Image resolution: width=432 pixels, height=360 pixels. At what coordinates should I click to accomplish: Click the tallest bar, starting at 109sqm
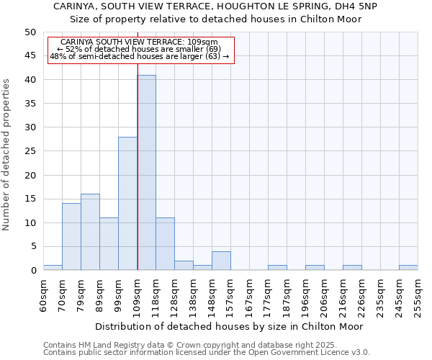click(x=146, y=173)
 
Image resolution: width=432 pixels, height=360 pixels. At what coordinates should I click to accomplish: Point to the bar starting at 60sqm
click(x=53, y=268)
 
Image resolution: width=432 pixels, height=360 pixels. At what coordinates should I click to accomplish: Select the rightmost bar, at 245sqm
click(x=408, y=268)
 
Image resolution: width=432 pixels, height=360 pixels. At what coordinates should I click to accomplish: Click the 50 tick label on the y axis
click(x=30, y=32)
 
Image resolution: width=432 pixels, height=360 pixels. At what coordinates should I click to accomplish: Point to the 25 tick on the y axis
click(x=30, y=151)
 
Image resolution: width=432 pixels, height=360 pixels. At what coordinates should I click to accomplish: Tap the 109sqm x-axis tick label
click(x=138, y=296)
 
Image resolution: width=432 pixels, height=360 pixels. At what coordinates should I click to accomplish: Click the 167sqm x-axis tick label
click(x=249, y=296)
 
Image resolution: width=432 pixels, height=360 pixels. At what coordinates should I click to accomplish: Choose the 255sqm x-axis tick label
click(x=418, y=296)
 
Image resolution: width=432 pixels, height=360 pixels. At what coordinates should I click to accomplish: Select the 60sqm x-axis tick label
click(x=44, y=294)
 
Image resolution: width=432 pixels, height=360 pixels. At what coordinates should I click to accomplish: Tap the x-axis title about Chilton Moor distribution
click(x=229, y=326)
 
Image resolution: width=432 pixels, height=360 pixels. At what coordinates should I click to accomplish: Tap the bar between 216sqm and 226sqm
click(x=352, y=268)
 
